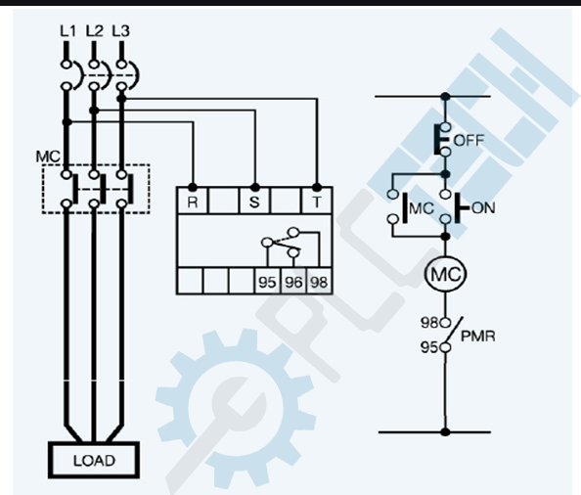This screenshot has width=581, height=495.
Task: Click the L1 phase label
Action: (67, 31)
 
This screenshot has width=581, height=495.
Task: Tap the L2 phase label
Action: (95, 31)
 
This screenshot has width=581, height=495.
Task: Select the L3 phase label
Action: (120, 31)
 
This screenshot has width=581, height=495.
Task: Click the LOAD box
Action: (94, 460)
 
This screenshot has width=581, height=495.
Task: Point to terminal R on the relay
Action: (193, 202)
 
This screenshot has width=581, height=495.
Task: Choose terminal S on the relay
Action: (254, 202)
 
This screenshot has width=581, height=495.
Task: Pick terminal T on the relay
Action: (317, 202)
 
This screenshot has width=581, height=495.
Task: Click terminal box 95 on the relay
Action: (267, 282)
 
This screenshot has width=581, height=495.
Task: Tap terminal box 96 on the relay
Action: (293, 282)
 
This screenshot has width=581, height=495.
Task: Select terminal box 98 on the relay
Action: (319, 282)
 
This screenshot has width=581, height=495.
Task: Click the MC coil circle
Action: (445, 274)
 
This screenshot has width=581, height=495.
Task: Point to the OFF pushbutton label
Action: (469, 141)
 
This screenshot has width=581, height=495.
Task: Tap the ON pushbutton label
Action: (483, 207)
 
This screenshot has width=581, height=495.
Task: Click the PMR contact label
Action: (478, 337)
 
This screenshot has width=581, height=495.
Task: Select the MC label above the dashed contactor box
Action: (48, 157)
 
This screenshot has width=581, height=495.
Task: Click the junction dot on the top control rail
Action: (446, 97)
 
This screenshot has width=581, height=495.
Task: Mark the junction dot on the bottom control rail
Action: (446, 431)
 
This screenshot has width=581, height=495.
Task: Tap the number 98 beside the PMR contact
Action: (429, 323)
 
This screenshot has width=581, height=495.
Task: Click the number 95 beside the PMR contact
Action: (429, 347)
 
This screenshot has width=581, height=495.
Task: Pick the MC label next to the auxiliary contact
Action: (422, 208)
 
